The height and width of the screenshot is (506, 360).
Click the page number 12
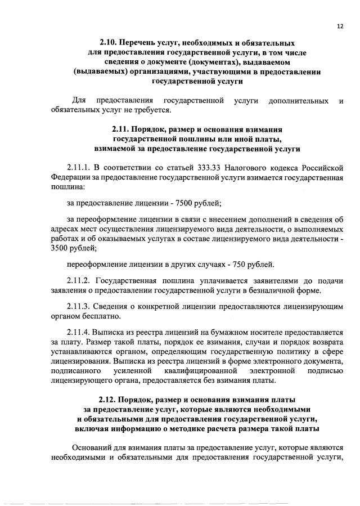tap(340, 26)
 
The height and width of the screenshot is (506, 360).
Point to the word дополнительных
tap(299, 101)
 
